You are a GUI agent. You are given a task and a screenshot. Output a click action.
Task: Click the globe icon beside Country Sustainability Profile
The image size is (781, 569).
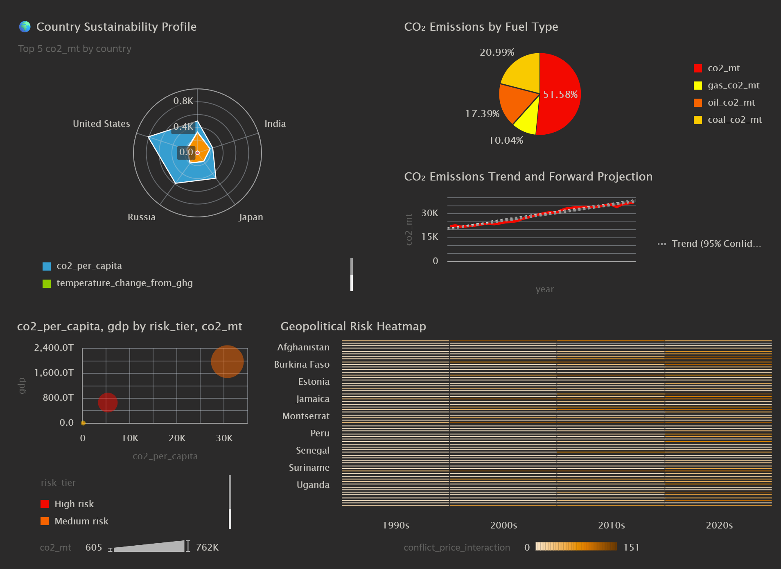[25, 27]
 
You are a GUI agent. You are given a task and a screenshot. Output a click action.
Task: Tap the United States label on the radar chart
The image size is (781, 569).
[102, 124]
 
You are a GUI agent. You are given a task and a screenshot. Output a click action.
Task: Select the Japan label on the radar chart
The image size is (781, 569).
[251, 217]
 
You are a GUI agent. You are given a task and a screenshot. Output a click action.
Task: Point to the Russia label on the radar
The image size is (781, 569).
[142, 217]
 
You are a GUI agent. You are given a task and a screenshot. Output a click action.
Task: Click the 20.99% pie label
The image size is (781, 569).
[497, 52]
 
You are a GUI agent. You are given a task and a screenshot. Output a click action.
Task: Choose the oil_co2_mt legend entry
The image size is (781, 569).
[731, 102]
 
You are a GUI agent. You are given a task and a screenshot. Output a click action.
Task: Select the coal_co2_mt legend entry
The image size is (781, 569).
[734, 120]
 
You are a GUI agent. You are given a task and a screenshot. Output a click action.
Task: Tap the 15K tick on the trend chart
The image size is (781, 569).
[430, 237]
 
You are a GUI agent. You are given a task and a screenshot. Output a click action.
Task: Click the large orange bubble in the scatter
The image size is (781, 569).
[227, 361]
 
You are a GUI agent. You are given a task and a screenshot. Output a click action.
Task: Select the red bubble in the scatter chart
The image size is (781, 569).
[108, 402]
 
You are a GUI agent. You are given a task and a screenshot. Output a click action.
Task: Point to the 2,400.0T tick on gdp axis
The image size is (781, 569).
[54, 348]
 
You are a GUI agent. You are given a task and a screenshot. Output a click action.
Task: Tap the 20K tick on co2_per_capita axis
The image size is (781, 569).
[177, 438]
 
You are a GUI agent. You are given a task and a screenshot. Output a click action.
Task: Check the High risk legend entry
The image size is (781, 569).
[74, 504]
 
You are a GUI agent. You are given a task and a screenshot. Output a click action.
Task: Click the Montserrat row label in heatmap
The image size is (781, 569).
[306, 416]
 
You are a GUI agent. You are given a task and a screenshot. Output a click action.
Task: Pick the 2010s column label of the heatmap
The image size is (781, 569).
[611, 525]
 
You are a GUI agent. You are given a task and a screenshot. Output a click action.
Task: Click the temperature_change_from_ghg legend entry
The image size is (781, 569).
[124, 283]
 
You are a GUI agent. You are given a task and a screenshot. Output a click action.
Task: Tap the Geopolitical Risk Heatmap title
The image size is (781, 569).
[353, 326]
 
